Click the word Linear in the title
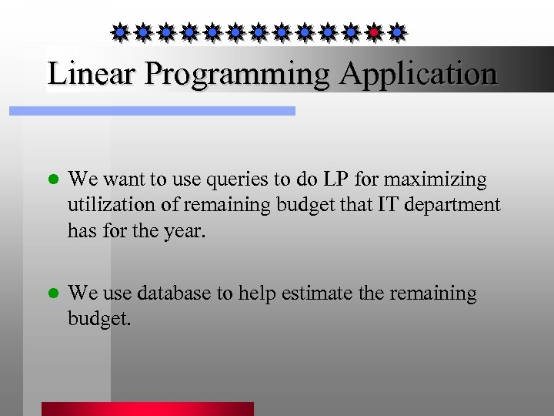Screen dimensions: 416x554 tap(92, 74)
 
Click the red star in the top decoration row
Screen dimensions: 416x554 tap(374, 32)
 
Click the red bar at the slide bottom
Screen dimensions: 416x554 tap(147, 408)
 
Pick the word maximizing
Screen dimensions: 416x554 tap(436, 180)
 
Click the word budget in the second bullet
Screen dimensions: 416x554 tap(99, 319)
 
